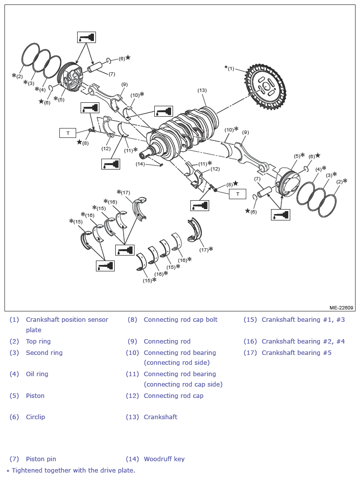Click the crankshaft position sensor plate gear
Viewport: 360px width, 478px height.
(266, 87)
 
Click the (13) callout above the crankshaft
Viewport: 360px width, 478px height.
(202, 90)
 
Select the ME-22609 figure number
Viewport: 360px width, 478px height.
(341, 307)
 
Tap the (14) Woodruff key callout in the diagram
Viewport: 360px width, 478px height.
(140, 164)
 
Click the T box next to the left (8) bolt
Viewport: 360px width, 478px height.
(68, 133)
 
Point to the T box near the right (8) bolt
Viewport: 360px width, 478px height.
(238, 194)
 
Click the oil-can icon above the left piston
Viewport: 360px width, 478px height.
(87, 37)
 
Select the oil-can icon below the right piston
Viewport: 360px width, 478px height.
(280, 215)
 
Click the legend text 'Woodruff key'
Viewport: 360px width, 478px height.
(164, 459)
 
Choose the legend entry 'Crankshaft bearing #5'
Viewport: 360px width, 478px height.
(297, 353)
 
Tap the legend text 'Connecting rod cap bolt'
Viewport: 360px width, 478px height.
(180, 320)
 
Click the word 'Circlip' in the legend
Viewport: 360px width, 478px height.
(36, 417)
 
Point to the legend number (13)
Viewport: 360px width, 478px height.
(132, 417)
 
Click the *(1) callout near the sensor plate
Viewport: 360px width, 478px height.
(229, 68)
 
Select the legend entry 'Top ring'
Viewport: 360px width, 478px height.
(38, 342)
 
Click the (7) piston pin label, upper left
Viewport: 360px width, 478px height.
(112, 74)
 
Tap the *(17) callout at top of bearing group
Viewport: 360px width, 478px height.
(124, 192)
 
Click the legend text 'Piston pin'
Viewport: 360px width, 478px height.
(41, 459)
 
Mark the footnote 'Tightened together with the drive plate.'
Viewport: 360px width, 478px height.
(74, 471)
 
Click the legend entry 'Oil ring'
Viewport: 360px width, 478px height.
(37, 374)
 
